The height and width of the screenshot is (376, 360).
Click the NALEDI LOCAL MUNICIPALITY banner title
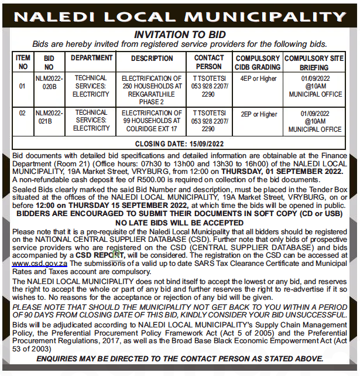pos(180,15)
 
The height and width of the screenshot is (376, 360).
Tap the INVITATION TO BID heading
pos(180,35)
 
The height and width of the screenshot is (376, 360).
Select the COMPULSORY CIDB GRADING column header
pos(258,63)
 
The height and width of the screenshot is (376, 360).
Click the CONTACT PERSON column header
pos(209,62)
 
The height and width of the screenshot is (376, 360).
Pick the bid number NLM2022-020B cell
pos(49,82)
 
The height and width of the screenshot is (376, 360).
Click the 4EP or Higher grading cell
pos(258,78)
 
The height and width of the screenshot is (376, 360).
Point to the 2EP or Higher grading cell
pos(258,114)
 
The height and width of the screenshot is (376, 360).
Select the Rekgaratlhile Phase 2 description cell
pos(152,90)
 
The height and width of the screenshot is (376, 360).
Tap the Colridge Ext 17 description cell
pos(152,121)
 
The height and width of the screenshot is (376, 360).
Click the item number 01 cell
pos(23,86)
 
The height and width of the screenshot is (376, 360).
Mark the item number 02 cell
pos(23,114)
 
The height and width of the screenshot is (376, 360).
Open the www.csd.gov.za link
pos(39,264)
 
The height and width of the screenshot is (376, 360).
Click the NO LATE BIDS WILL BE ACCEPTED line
pos(180,223)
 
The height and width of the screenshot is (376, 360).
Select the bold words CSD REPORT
pos(100,255)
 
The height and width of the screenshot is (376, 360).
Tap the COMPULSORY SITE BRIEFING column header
pos(314,63)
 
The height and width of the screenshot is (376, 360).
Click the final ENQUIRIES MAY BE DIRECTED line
pos(180,358)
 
